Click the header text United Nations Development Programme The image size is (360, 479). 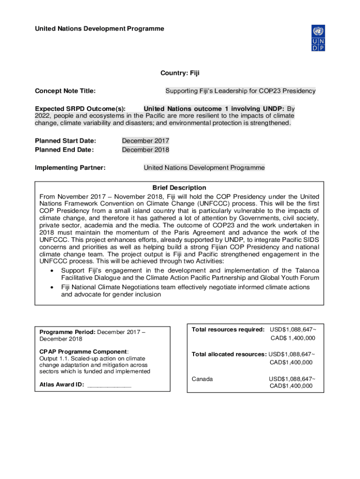pyautogui.click(x=100, y=29)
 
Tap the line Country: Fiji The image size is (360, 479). pyautogui.click(x=180, y=73)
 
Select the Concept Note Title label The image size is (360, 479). pyautogui.click(x=65, y=91)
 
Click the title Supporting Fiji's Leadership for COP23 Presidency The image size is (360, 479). pyautogui.click(x=240, y=91)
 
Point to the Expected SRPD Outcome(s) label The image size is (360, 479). pyautogui.click(x=80, y=109)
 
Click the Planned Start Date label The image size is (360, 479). pyautogui.click(x=65, y=141)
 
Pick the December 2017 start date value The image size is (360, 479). pyautogui.click(x=145, y=141)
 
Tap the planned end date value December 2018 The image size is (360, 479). pyautogui.click(x=145, y=150)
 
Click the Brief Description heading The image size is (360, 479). pyautogui.click(x=179, y=188)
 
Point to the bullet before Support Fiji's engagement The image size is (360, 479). pyautogui.click(x=50, y=271)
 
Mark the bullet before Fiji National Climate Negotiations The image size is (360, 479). pyautogui.click(x=50, y=287)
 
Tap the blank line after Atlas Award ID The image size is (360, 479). pyautogui.click(x=109, y=385)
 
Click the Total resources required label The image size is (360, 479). pyautogui.click(x=228, y=330)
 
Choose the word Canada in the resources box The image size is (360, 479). pyautogui.click(x=202, y=378)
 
